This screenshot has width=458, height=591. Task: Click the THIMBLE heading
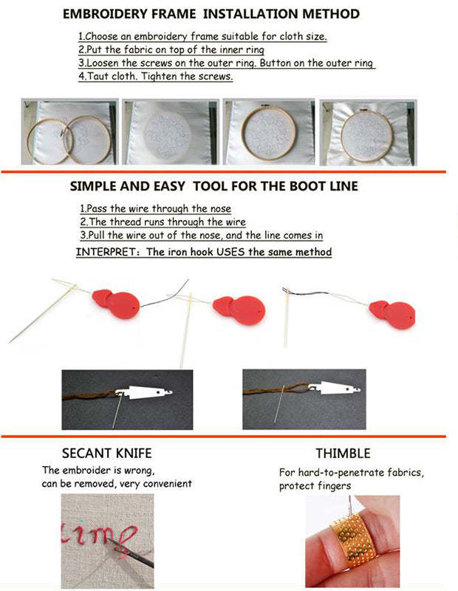(343, 454)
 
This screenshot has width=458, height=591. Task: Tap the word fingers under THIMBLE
(333, 486)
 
